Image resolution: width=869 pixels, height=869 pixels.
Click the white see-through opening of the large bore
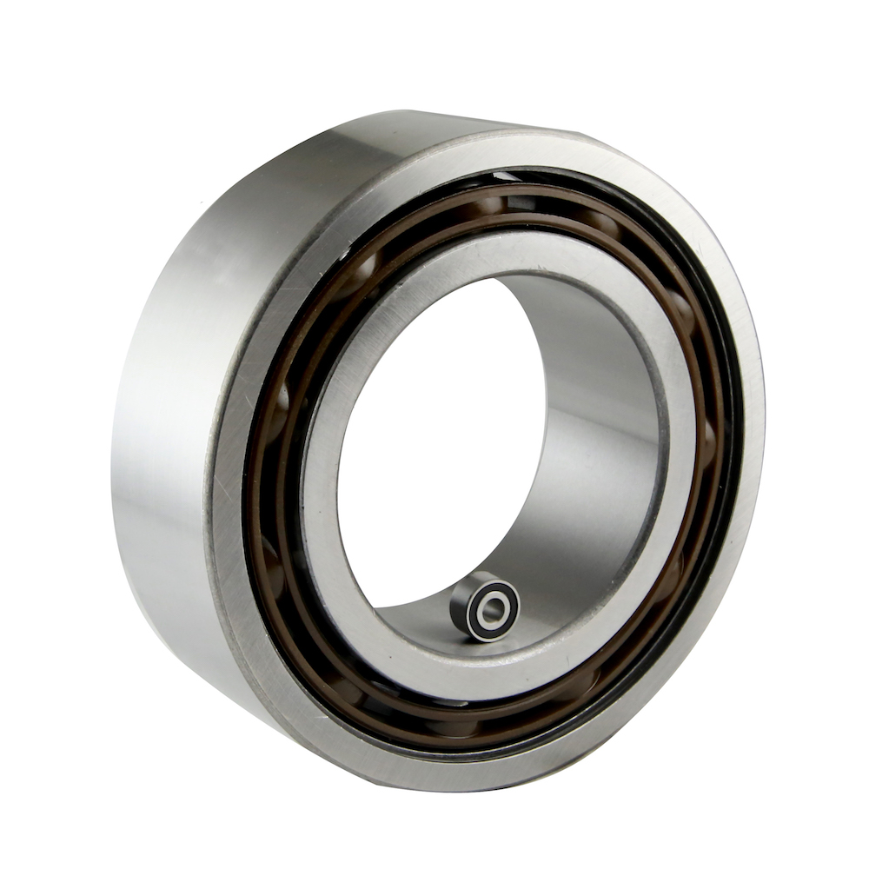[x=434, y=434]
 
